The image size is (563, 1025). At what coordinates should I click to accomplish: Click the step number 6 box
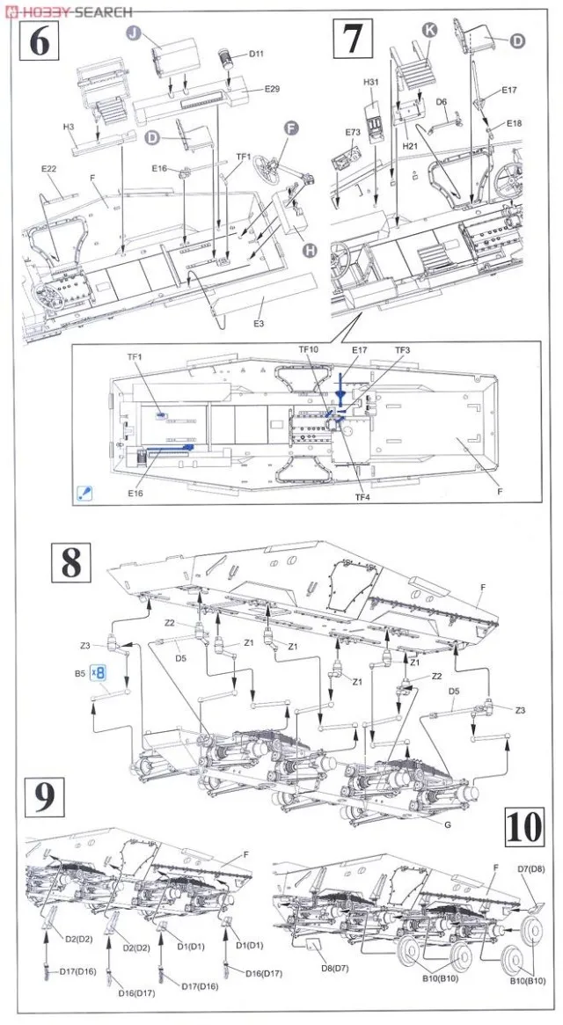(40, 41)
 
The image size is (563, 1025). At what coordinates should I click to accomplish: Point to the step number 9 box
(41, 797)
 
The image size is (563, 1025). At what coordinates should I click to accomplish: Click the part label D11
(256, 54)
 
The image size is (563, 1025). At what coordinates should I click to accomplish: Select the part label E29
(272, 90)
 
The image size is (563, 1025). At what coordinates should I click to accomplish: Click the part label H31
(370, 83)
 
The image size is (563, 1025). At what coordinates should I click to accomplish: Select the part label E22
(48, 169)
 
